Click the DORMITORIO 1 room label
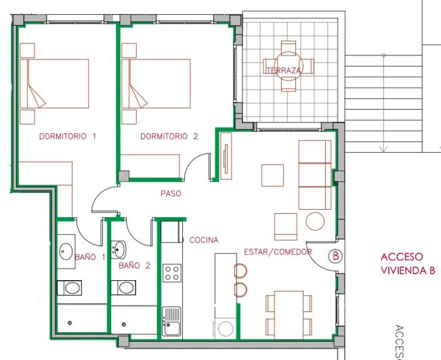(68, 136)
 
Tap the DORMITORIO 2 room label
(169, 136)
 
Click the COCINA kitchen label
(203, 240)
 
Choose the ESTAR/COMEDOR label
(278, 252)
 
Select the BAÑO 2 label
(134, 266)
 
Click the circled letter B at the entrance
(334, 256)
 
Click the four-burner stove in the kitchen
(171, 273)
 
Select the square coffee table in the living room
(273, 175)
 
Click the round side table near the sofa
(315, 221)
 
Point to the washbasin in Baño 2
(119, 249)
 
